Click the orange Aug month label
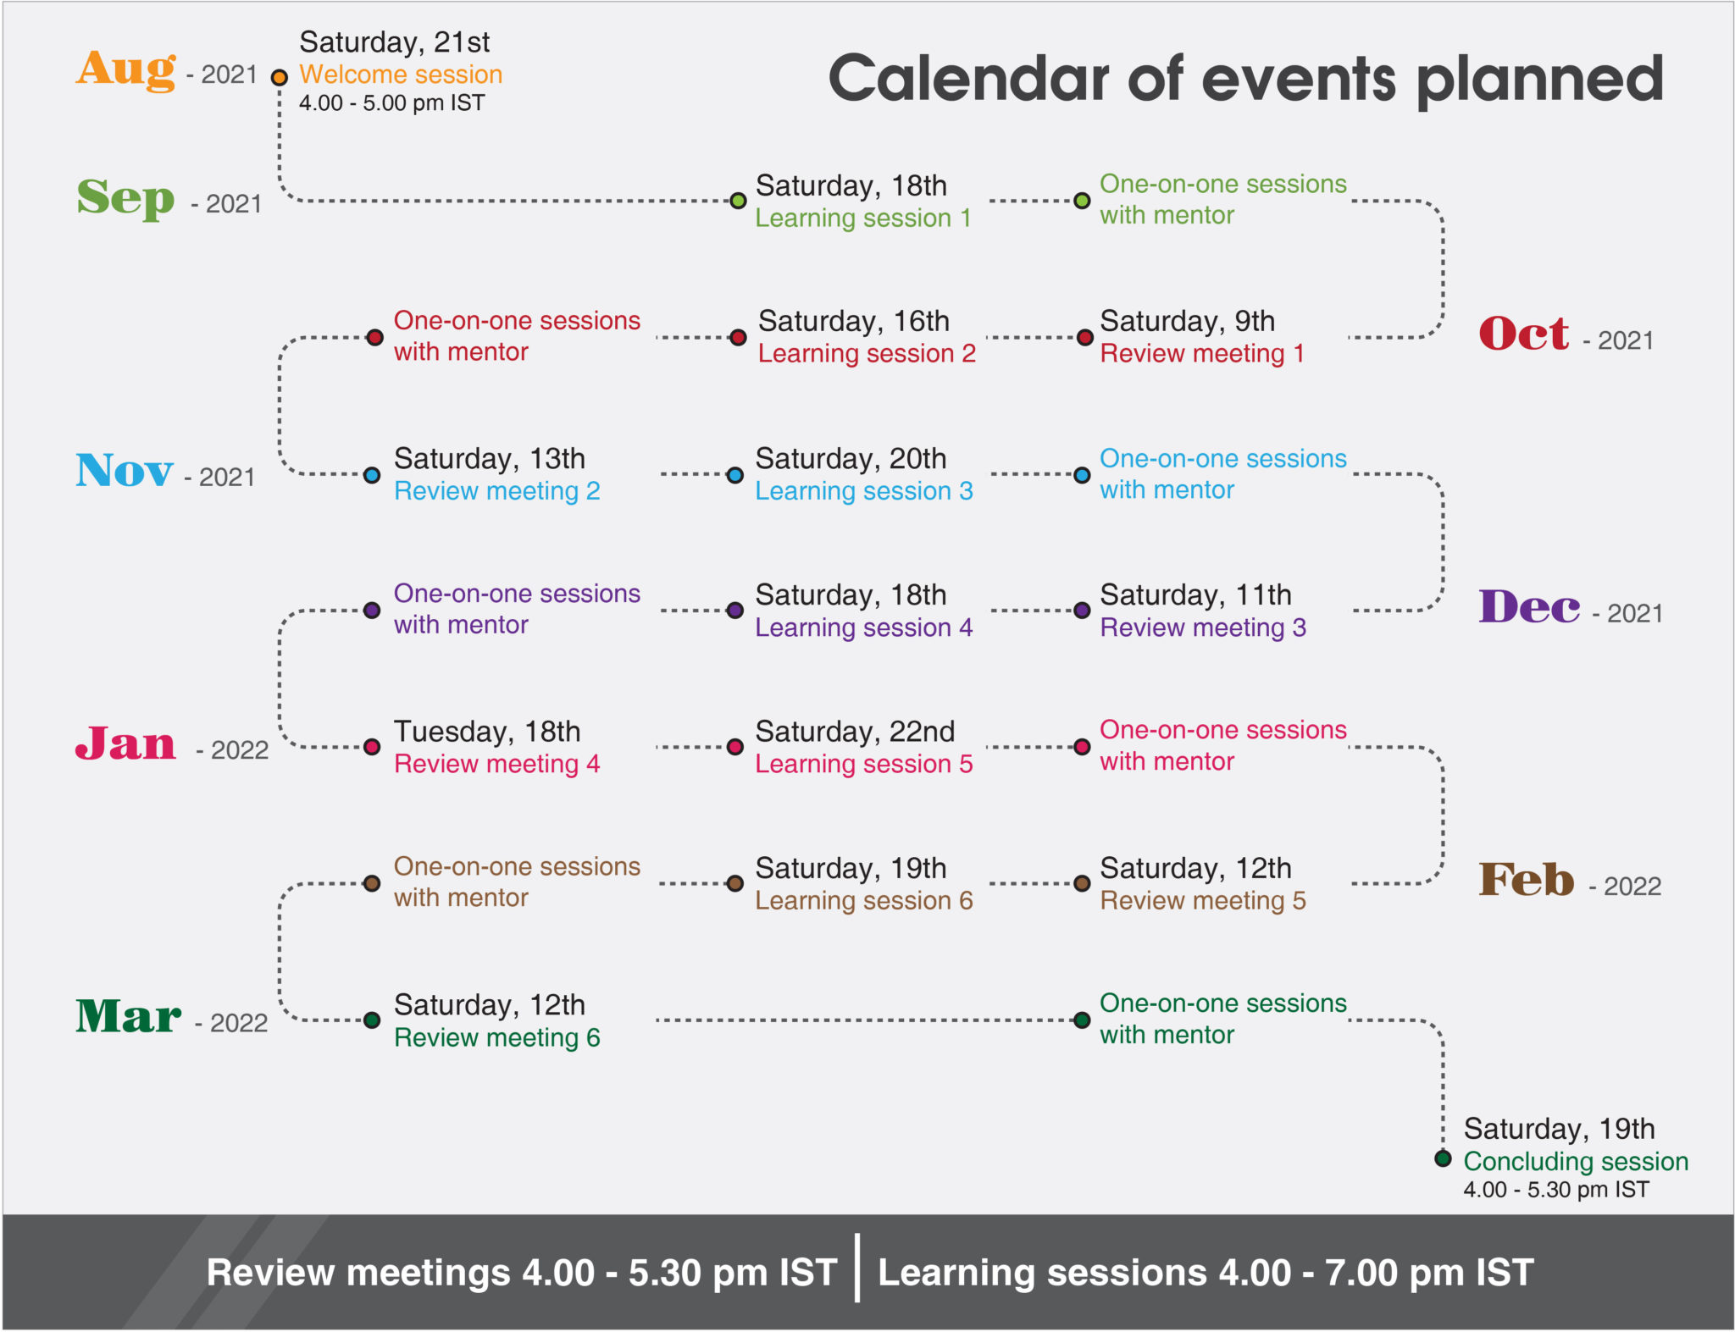pyautogui.click(x=126, y=69)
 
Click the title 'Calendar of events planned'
pyautogui.click(x=1245, y=79)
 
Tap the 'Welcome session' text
pyautogui.click(x=401, y=75)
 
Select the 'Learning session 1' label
pyautogui.click(x=863, y=218)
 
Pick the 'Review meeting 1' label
pyautogui.click(x=1202, y=354)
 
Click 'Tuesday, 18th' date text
pyautogui.click(x=487, y=732)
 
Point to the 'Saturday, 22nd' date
pyautogui.click(x=855, y=732)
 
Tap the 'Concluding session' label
pyautogui.click(x=1576, y=1161)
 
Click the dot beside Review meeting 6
pyautogui.click(x=372, y=1020)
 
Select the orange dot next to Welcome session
pyautogui.click(x=279, y=78)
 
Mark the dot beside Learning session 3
pyautogui.click(x=735, y=475)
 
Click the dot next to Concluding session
pyautogui.click(x=1443, y=1158)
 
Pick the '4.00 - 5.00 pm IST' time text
pyautogui.click(x=392, y=103)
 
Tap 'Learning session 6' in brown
pyautogui.click(x=864, y=901)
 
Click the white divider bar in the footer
pyautogui.click(x=857, y=1268)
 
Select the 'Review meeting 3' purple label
pyautogui.click(x=1203, y=627)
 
